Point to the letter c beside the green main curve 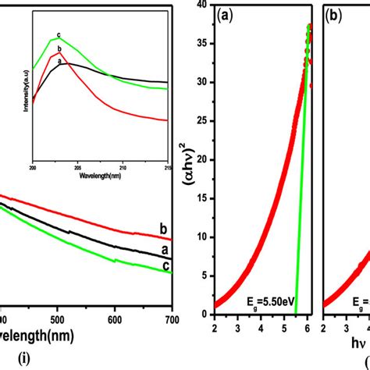coord(165,267)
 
